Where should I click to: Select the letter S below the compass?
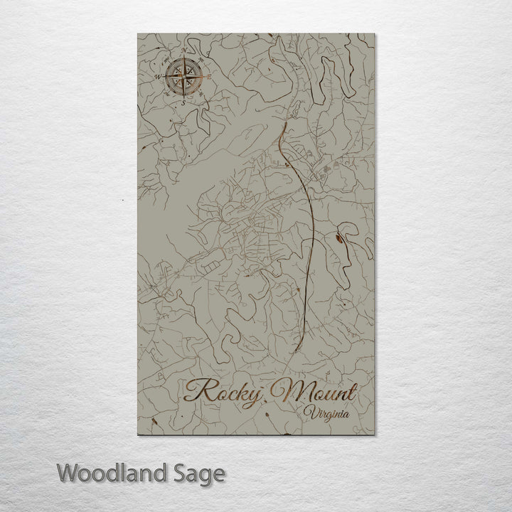[x=183, y=102]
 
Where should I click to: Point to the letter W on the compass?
[x=158, y=73]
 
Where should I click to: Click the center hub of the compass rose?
[x=184, y=75]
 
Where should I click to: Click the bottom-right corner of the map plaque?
[x=375, y=435]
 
